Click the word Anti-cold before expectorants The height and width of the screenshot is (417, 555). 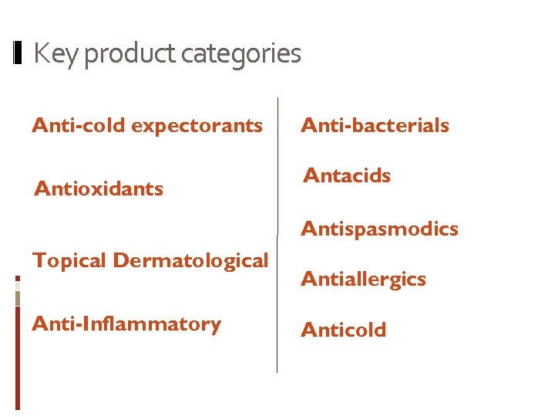tap(79, 125)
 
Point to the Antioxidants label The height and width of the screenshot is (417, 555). tap(99, 188)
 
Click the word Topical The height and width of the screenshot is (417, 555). tap(69, 261)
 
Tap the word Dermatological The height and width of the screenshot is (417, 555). tap(190, 261)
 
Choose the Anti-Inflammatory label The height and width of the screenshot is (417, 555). tap(126, 324)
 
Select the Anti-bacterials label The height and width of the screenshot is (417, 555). tap(375, 125)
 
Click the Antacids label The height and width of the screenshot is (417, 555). tap(348, 175)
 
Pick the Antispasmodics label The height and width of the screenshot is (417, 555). tap(379, 229)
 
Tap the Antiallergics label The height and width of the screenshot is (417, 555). tap(363, 279)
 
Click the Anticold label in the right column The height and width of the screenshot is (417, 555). tap(343, 330)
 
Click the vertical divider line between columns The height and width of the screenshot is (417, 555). tap(277, 232)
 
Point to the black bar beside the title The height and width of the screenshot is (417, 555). tap(19, 53)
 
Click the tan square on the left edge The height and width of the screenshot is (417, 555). tap(18, 298)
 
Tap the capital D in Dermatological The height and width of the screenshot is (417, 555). tap(121, 260)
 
